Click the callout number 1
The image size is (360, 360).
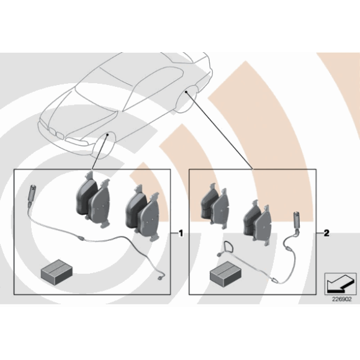pos(181,233)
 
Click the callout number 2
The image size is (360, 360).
pos(326,233)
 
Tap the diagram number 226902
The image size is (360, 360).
pos(341,299)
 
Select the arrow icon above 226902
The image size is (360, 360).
pos(340,284)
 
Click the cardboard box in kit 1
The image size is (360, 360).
pos(56,271)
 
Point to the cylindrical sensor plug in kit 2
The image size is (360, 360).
pos(297,220)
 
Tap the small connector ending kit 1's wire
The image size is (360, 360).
pos(160,278)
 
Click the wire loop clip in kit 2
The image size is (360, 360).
pos(227,247)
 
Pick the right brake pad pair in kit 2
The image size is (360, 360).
pos(257,223)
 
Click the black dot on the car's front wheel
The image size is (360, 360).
pos(107,135)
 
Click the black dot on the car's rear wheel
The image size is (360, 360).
pos(186,92)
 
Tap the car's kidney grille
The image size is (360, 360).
pos(55,133)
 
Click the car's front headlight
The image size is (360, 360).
pos(76,141)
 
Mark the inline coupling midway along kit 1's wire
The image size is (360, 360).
pos(81,239)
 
